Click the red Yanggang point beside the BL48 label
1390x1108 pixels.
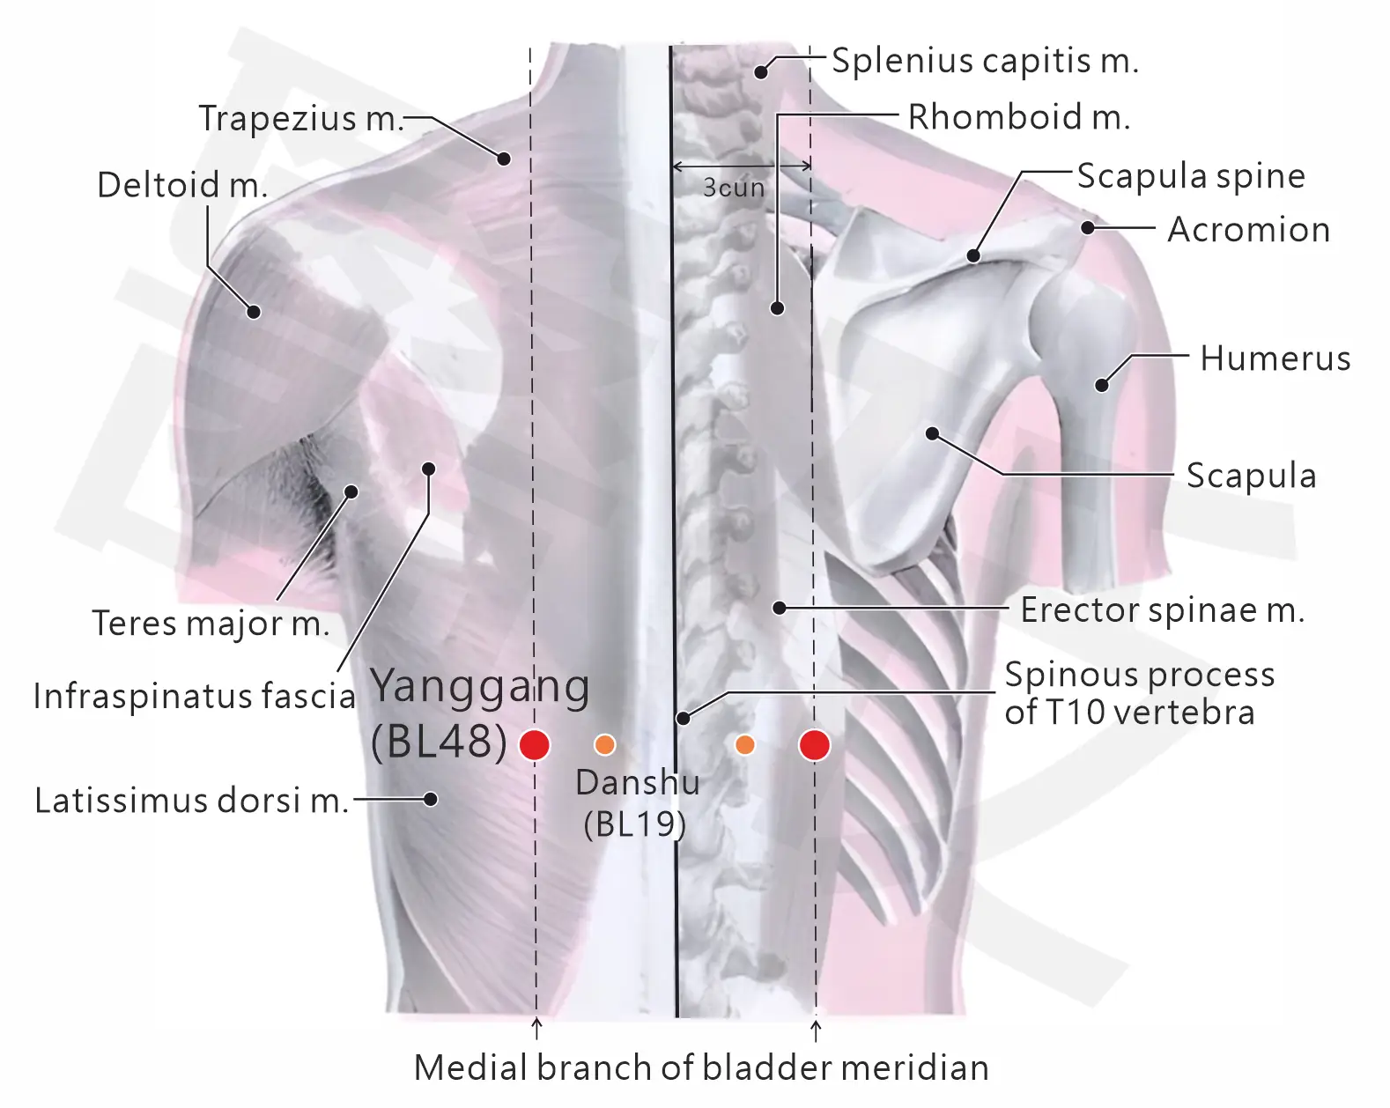(534, 745)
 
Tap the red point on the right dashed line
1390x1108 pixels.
(814, 745)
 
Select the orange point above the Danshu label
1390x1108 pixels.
(604, 745)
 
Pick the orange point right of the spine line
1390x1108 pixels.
(744, 745)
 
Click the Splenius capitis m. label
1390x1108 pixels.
(985, 61)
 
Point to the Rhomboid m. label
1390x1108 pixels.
(1019, 117)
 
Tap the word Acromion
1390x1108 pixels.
(1248, 229)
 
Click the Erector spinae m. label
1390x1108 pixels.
(1162, 609)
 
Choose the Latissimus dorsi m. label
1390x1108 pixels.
(191, 801)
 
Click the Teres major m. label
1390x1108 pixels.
(211, 624)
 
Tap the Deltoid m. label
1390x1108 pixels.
(182, 185)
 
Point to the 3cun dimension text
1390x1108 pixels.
(734, 188)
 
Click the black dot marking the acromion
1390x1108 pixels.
(1088, 227)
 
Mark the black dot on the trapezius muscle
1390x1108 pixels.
(504, 159)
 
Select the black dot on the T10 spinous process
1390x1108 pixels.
(683, 718)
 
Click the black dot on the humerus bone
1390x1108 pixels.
(1102, 385)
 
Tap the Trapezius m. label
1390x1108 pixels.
(301, 118)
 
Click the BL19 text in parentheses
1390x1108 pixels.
(634, 824)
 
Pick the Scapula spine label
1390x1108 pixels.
(1192, 176)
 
